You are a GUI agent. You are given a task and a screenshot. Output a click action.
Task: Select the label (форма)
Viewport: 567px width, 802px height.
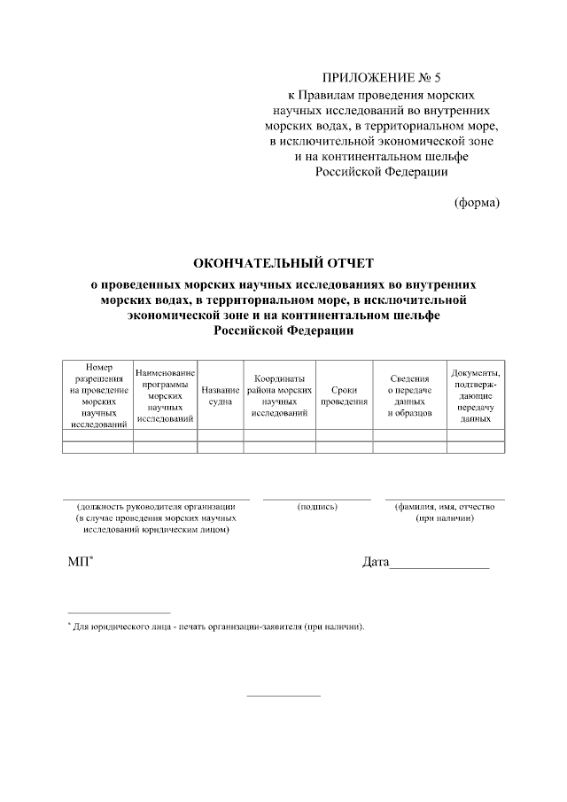[x=477, y=202]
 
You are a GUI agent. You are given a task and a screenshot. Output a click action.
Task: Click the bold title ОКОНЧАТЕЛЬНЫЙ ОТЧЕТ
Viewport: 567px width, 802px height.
[x=283, y=262]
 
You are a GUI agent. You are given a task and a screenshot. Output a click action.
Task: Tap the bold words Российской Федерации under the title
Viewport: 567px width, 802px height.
[x=283, y=331]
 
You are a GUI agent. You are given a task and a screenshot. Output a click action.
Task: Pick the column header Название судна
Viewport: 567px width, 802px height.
[x=220, y=395]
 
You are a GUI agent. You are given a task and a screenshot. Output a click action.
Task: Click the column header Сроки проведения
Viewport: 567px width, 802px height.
[x=344, y=395]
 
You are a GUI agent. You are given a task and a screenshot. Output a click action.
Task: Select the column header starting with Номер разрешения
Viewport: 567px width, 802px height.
[x=97, y=395]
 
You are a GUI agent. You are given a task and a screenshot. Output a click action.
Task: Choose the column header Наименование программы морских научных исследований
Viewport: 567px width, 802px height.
[x=165, y=395]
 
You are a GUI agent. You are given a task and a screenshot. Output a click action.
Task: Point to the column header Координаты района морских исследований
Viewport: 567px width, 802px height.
[x=279, y=395]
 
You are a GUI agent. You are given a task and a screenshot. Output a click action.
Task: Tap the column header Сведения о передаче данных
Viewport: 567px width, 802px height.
[x=409, y=395]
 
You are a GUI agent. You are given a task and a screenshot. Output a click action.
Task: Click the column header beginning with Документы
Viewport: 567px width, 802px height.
[x=476, y=395]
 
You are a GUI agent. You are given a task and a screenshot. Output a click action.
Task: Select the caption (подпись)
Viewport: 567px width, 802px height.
[x=317, y=507]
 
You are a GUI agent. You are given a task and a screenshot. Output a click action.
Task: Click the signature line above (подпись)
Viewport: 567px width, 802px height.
[x=317, y=499]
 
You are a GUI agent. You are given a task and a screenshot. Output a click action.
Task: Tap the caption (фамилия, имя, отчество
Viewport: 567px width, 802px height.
[x=445, y=507]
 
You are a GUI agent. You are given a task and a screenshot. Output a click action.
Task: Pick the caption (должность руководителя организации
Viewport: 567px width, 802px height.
[x=156, y=507]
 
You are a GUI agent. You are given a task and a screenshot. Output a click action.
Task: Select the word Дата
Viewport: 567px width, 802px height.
[x=376, y=564]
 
